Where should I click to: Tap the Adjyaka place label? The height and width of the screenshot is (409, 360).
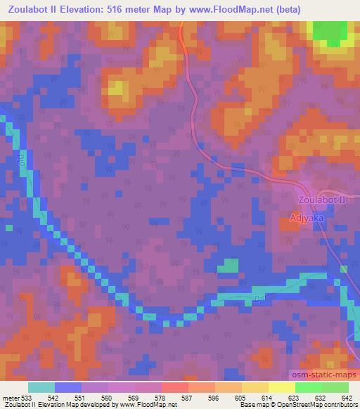point(307,219)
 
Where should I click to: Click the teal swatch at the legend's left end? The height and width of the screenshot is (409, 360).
point(41,387)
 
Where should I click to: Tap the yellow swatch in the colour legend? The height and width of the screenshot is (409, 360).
point(281,387)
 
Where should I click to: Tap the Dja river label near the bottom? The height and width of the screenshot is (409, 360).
point(258,300)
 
